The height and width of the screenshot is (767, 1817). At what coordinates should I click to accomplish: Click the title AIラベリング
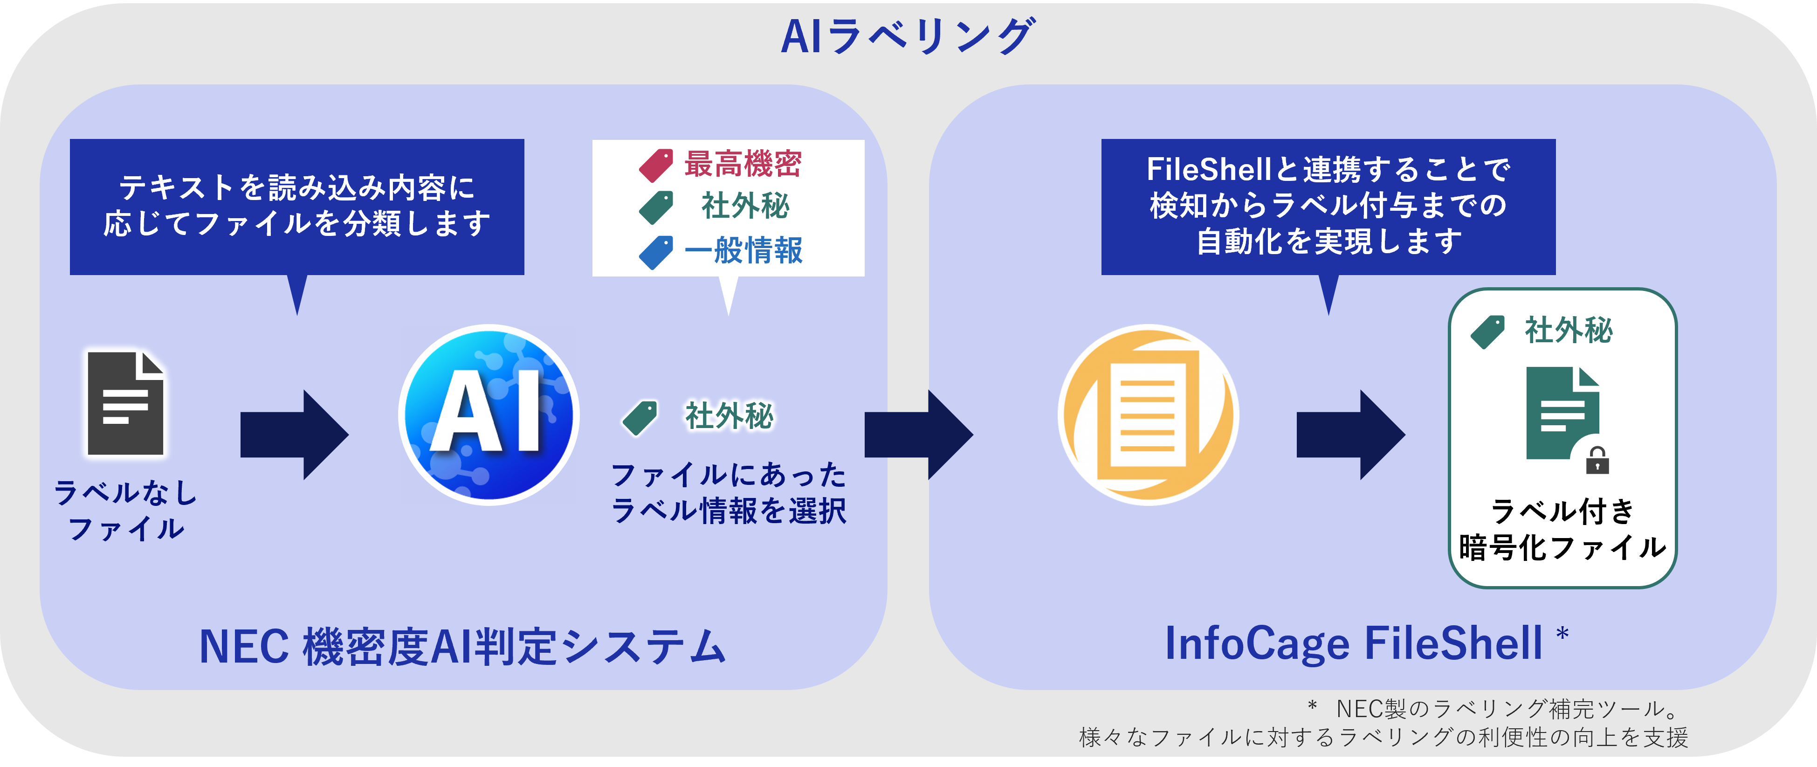(x=908, y=37)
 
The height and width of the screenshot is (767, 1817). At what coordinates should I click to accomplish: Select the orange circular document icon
(x=1148, y=415)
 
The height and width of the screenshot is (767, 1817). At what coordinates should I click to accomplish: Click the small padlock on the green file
(x=1597, y=461)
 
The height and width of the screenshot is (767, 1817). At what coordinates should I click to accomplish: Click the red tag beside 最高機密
(x=656, y=165)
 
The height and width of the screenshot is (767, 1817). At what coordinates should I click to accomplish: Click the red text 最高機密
(x=743, y=164)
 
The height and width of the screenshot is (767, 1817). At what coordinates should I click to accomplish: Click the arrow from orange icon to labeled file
(x=1350, y=435)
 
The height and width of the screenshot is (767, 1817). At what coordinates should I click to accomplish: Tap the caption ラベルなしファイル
(x=125, y=510)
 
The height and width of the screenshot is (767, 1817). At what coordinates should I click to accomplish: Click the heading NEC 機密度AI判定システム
(x=462, y=646)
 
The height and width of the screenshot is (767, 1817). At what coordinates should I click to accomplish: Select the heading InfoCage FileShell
(x=1353, y=643)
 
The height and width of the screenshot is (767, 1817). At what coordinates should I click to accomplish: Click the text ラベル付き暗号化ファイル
(x=1562, y=529)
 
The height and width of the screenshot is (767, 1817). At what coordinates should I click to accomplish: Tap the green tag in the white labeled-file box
(x=1487, y=332)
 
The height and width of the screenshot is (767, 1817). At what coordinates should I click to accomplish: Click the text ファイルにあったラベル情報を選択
(x=729, y=492)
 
